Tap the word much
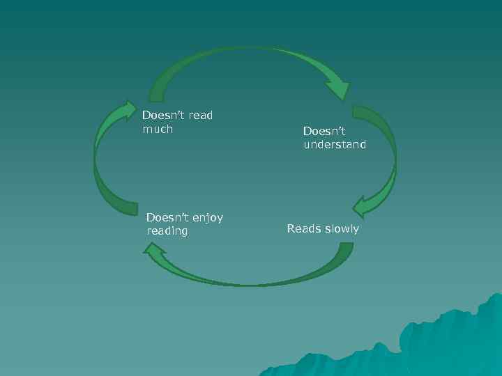pos(157,129)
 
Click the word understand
pos(335,145)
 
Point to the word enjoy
pos(207,217)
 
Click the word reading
pos(167,230)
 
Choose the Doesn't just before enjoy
pos(167,217)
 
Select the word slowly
pos(342,228)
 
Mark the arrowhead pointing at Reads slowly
pos(364,207)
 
